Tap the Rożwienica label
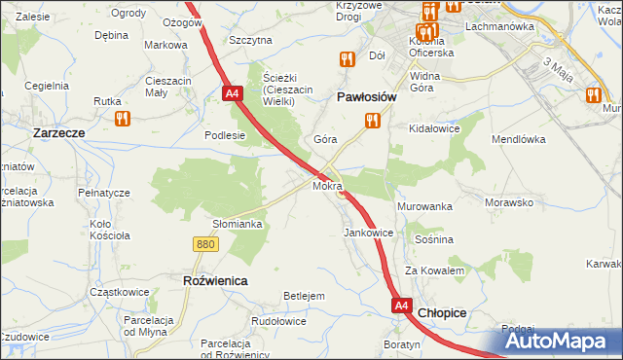coord(215,279)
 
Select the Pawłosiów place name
coord(366,97)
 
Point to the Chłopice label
coord(442,313)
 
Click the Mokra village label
coord(327,185)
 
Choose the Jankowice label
coord(368,234)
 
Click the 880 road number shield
coord(204,244)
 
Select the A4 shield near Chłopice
coord(402,306)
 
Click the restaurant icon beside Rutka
coord(122,119)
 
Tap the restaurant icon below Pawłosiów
coord(371,121)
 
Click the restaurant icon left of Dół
coord(347,59)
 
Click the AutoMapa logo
coord(563,342)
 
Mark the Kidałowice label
coord(434,128)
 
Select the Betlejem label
coord(303,296)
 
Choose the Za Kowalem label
coord(434,270)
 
